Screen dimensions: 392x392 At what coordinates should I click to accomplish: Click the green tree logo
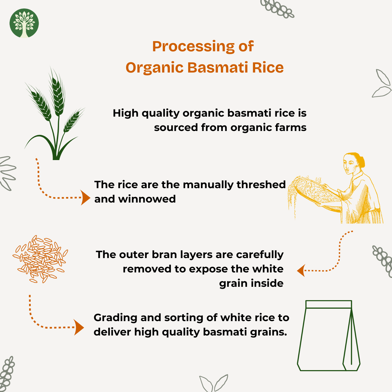coord(24,23)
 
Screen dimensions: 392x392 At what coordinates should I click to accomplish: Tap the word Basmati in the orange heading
coord(218,67)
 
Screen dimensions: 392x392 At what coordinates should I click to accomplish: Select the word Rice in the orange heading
coord(268,67)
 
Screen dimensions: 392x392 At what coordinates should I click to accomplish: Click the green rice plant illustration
coord(55,114)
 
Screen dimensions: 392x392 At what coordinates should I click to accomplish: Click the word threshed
coord(261,185)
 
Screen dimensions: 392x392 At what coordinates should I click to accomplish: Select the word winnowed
coord(147,199)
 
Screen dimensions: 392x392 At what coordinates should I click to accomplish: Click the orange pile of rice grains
coord(40,259)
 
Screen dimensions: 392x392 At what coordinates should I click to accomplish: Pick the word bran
coord(166,254)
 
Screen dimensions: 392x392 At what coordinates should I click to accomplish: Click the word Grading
coord(115,318)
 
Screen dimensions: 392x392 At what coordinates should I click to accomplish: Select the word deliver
coord(112,332)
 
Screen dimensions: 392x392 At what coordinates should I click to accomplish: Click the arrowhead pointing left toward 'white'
coord(301,270)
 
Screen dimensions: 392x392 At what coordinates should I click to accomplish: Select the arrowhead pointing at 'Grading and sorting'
coord(79,327)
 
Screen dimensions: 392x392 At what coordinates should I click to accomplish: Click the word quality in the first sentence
coord(160,113)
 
